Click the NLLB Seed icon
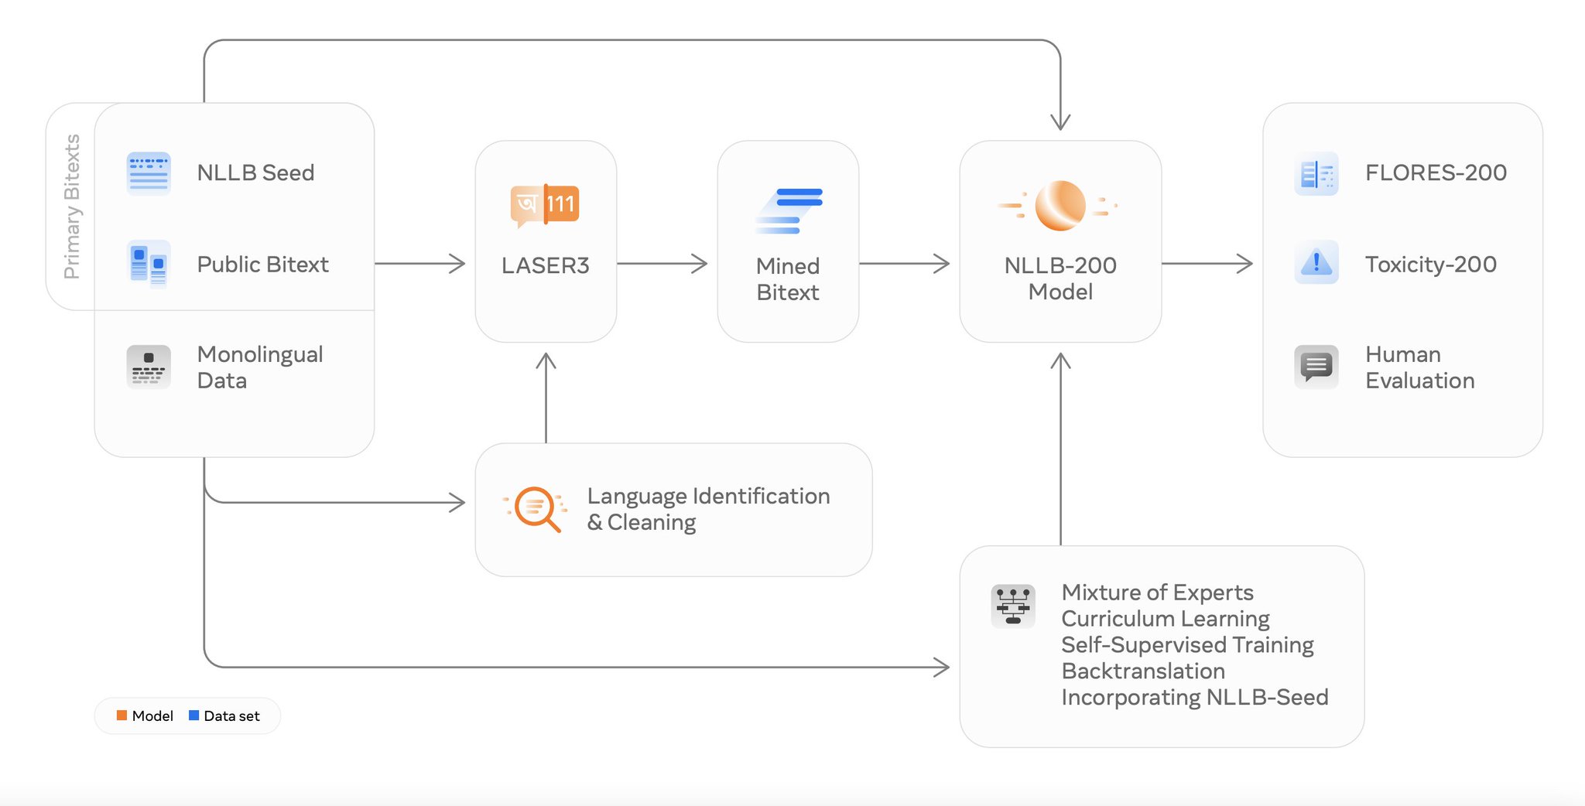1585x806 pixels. click(149, 173)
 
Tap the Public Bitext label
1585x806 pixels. click(262, 265)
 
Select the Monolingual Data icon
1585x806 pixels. click(149, 367)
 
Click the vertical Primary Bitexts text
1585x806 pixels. click(72, 207)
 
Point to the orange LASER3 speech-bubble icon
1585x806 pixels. click(545, 205)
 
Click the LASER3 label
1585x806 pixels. click(546, 265)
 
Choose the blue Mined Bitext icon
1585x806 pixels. click(789, 210)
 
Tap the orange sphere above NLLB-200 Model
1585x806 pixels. click(1060, 206)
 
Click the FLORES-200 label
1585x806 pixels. click(1436, 172)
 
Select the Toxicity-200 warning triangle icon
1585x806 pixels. click(1316, 263)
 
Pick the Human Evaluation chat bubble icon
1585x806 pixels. click(1316, 366)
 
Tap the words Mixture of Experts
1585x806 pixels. click(1157, 593)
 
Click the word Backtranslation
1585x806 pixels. click(1143, 671)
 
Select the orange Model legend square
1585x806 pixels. click(122, 715)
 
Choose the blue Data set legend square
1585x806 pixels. click(194, 715)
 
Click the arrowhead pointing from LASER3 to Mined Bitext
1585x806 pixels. click(700, 264)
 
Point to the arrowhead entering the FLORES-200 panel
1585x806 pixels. click(1245, 264)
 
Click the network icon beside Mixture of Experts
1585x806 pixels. click(1013, 606)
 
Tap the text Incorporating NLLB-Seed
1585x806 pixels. click(1194, 697)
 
